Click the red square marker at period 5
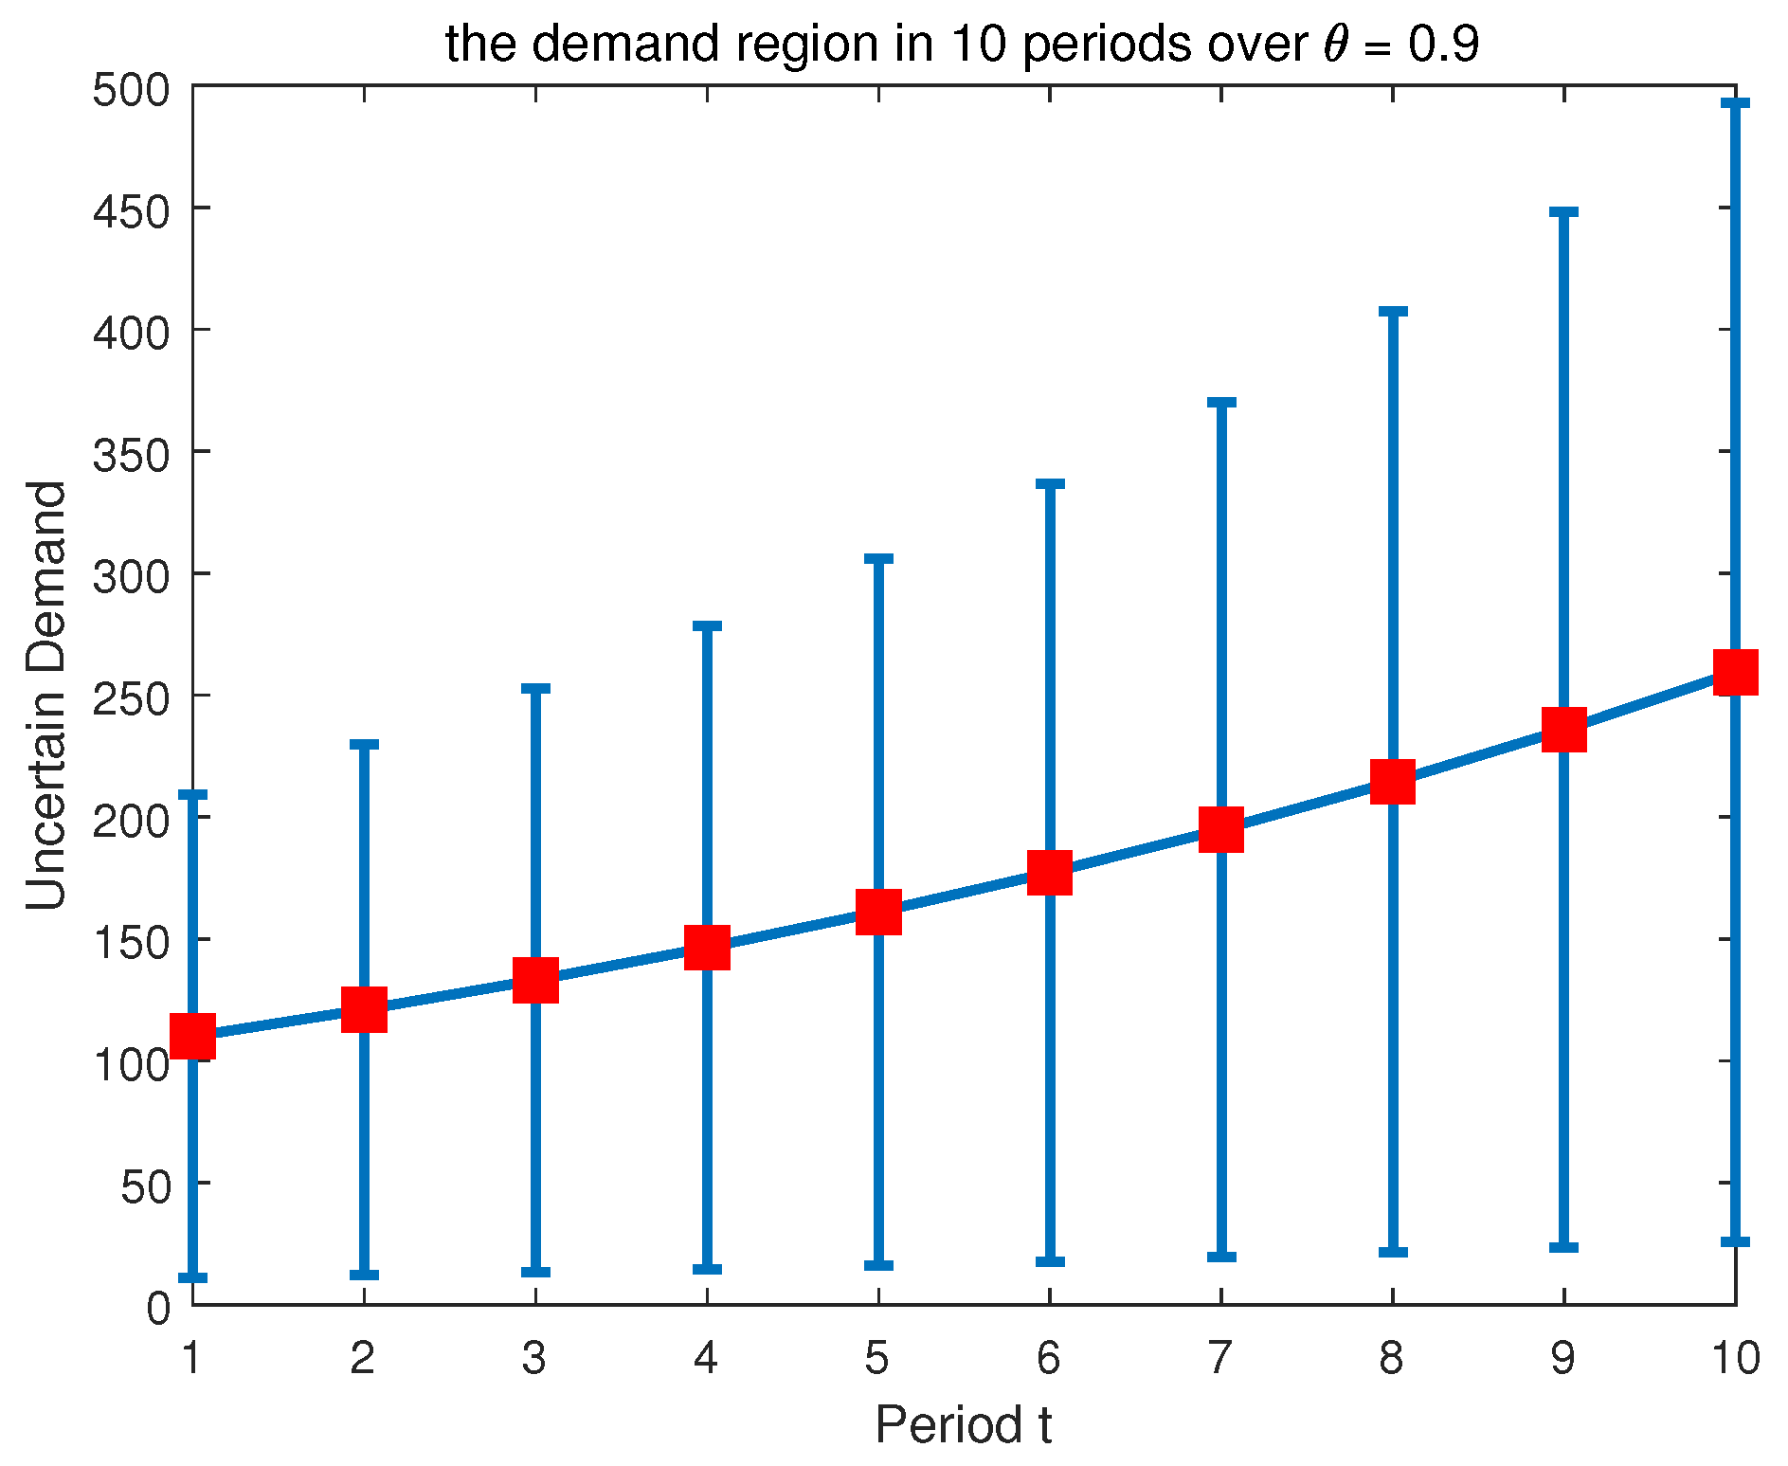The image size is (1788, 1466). coord(878,912)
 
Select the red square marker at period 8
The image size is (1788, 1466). coord(1393,781)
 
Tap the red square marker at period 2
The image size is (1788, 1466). coord(364,1009)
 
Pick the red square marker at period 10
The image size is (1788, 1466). coord(1735,672)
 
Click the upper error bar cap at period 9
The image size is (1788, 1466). coord(1563,212)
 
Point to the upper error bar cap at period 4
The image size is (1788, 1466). coord(707,626)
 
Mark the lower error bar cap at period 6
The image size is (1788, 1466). coord(1050,1261)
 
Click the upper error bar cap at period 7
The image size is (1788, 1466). coord(1221,403)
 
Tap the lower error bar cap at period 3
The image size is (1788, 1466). coord(535,1272)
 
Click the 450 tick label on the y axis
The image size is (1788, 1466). coord(131,209)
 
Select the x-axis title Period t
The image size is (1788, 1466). coord(963,1425)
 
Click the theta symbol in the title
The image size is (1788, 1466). coord(1336,44)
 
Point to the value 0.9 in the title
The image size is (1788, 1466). coord(1443,44)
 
